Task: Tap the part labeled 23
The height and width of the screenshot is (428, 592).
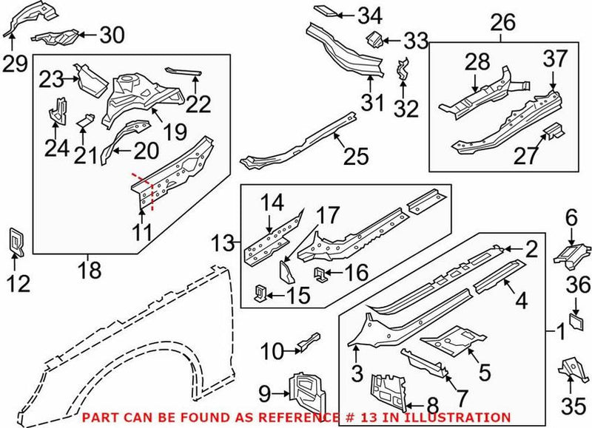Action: (x=88, y=77)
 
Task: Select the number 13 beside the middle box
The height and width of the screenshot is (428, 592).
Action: (x=221, y=241)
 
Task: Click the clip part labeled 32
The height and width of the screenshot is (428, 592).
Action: (x=403, y=74)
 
